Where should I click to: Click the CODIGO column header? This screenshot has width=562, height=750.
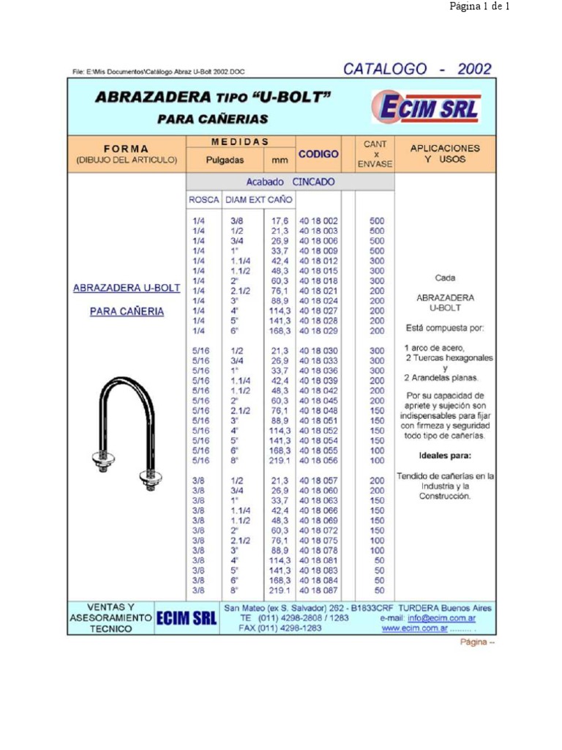pos(318,154)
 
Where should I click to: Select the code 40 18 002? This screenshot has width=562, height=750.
pos(318,220)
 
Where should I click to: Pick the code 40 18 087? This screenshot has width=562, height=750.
pos(318,590)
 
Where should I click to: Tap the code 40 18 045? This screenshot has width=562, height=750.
pos(318,401)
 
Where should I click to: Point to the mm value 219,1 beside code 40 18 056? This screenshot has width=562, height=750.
pos(280,461)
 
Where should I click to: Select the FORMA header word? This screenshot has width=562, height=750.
pos(126,149)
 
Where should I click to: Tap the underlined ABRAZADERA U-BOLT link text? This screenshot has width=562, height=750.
pos(127,289)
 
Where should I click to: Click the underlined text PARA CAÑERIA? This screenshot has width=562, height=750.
pos(127,311)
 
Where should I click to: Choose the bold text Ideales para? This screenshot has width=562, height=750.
pos(446,455)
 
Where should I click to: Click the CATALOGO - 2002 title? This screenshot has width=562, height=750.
pos(417,70)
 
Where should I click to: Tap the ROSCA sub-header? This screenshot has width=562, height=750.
pos(203,199)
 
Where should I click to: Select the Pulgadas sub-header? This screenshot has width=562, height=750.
pos(225,159)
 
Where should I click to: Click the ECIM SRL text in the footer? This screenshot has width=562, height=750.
pos(186,619)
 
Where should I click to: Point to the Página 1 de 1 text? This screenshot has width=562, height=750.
pos(479,7)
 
